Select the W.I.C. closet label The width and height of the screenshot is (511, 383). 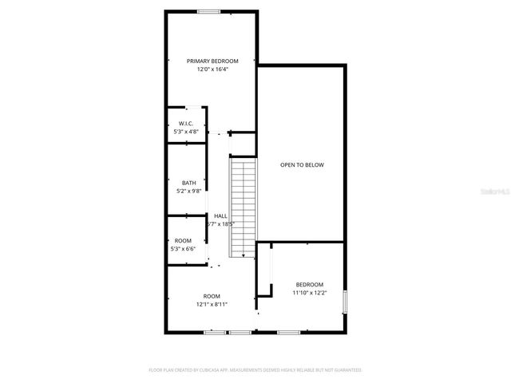(x=186, y=123)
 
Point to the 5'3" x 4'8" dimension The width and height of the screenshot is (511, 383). (x=186, y=131)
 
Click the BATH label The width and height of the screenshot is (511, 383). (x=188, y=183)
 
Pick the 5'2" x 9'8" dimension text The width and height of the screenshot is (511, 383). (x=188, y=191)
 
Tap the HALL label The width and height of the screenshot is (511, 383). (x=220, y=215)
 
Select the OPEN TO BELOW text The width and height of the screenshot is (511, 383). (x=302, y=165)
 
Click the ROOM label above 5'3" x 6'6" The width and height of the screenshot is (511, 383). (x=183, y=240)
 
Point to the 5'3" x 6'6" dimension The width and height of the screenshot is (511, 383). (x=183, y=249)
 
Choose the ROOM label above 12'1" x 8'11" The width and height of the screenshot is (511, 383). (x=212, y=296)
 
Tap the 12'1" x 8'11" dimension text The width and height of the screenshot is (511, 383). (x=212, y=305)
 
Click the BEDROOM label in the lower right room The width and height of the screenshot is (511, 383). (x=310, y=285)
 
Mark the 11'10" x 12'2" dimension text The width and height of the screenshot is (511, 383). (x=310, y=293)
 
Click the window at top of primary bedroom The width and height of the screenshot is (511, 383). (x=210, y=11)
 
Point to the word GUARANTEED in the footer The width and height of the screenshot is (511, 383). (x=345, y=370)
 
